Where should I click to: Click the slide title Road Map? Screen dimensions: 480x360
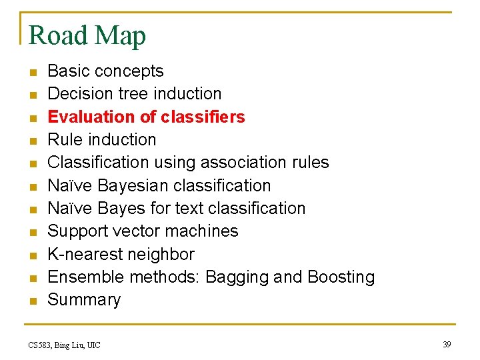click(87, 35)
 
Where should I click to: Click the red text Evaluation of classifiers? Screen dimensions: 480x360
click(146, 117)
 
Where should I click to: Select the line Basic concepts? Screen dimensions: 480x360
click(105, 71)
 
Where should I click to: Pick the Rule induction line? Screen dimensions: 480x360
click(101, 139)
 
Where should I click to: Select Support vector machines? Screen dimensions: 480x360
click(143, 231)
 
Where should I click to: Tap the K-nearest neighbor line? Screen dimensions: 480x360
click(121, 255)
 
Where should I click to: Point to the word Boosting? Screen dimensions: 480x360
click(341, 277)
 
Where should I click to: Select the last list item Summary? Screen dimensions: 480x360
click(84, 300)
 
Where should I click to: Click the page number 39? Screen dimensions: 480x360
click(447, 344)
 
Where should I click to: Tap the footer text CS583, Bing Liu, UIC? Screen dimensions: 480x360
click(65, 345)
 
